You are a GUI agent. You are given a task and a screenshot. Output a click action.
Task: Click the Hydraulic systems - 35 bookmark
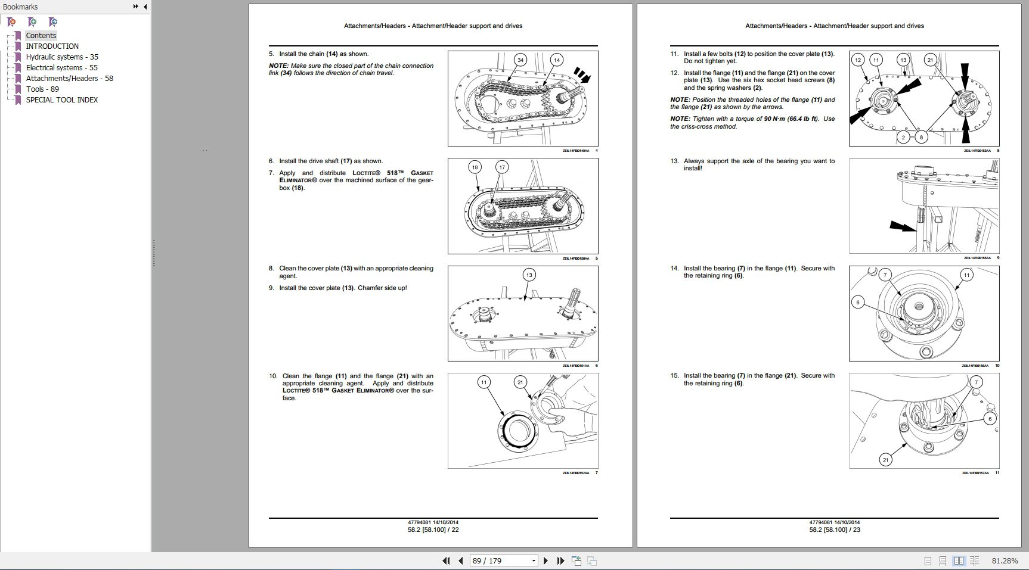tap(61, 57)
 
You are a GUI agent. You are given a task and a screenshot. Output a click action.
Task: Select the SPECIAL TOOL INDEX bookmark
tap(61, 99)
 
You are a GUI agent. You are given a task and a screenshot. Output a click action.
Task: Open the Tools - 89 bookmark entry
tap(42, 89)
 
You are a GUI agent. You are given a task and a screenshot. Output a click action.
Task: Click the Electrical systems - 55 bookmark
tap(61, 67)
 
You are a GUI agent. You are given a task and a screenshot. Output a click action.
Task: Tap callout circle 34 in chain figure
tap(520, 60)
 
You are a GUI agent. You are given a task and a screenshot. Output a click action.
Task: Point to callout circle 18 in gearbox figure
tap(475, 167)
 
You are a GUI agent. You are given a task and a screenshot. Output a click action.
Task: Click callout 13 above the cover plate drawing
tap(529, 275)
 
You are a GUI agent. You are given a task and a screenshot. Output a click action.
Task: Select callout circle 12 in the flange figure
tap(858, 60)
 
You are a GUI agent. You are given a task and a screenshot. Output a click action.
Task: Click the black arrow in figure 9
tap(902, 226)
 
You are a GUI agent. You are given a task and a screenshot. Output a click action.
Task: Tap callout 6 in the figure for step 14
tap(858, 302)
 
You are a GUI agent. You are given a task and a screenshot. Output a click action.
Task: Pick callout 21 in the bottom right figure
tap(885, 460)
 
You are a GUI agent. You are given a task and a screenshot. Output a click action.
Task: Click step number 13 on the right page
tap(674, 161)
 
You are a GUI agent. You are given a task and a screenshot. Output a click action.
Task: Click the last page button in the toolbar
tap(560, 561)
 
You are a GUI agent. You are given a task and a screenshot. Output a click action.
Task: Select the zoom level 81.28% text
tap(1005, 561)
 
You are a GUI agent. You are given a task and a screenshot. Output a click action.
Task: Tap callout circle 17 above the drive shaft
tap(502, 167)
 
